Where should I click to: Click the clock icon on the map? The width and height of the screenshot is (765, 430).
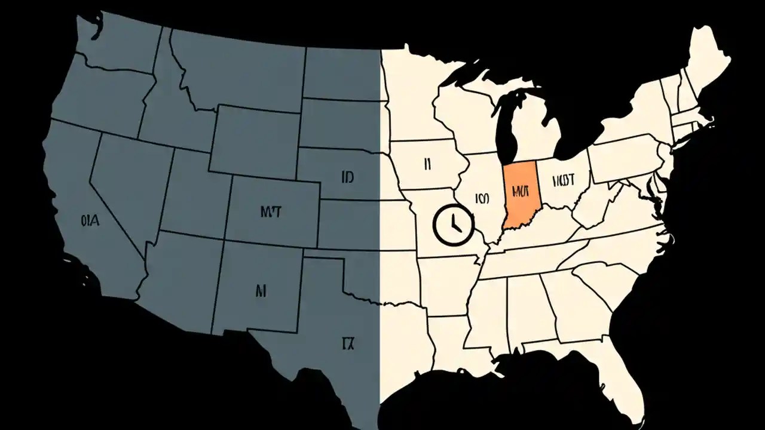tap(452, 224)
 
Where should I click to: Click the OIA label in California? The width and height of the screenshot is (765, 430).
tap(89, 220)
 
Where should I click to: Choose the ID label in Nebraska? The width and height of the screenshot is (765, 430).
tap(348, 177)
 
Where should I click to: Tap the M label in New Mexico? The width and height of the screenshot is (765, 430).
tap(260, 291)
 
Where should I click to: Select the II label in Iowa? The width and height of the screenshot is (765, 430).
tap(427, 164)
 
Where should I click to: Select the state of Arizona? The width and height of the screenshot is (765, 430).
tap(179, 275)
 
